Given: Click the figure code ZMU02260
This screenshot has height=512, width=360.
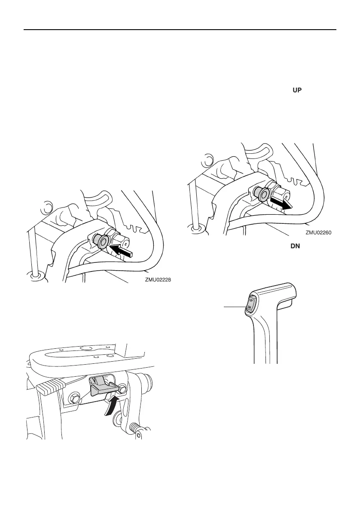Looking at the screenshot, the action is [x=319, y=232].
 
